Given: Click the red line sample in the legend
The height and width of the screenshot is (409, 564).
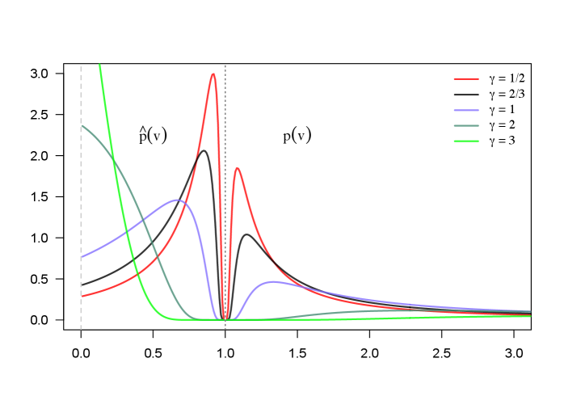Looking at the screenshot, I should pyautogui.click(x=466, y=79).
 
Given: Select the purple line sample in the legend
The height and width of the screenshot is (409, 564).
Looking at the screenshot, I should pyautogui.click(x=466, y=110).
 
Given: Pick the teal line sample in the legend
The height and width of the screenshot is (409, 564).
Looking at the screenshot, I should pyautogui.click(x=466, y=125).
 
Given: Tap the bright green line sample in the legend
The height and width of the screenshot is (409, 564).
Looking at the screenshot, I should pyautogui.click(x=466, y=141).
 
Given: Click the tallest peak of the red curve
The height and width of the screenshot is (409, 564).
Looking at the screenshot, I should pyautogui.click(x=213, y=74).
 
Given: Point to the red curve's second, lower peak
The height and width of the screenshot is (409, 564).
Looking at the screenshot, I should pyautogui.click(x=237, y=168).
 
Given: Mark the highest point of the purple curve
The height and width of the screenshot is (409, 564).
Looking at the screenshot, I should pyautogui.click(x=177, y=200).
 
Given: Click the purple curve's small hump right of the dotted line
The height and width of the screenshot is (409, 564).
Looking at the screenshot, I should pyautogui.click(x=273, y=281).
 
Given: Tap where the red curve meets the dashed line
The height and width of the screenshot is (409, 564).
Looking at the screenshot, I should pyautogui.click(x=82, y=296).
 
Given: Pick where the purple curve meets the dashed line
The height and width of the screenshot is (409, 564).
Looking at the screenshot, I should pyautogui.click(x=82, y=257).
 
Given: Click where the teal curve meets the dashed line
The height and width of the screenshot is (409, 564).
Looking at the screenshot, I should pyautogui.click(x=82, y=125).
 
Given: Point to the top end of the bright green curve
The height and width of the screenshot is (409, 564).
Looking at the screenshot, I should pyautogui.click(x=99, y=65).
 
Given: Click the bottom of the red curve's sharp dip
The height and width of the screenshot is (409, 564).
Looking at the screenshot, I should pyautogui.click(x=225, y=318).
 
